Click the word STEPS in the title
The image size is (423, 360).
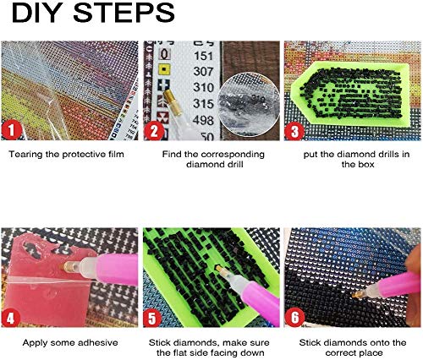[x=124, y=13]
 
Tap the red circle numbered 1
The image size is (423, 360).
[x=11, y=130]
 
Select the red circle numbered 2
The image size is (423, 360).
[x=154, y=131]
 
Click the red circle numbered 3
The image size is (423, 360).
[x=294, y=131]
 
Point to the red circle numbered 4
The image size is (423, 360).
[x=11, y=318]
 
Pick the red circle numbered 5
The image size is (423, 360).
[x=152, y=318]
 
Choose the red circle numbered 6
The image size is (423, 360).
[x=294, y=317]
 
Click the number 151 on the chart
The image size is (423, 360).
[x=203, y=56]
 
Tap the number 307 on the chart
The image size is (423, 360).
[x=204, y=71]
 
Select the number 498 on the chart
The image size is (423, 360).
[x=203, y=120]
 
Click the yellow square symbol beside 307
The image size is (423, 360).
[x=164, y=69]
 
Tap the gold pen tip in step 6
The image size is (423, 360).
[x=357, y=294]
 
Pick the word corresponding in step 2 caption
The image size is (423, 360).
[x=233, y=155]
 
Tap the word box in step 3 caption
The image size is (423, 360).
[x=366, y=164]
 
